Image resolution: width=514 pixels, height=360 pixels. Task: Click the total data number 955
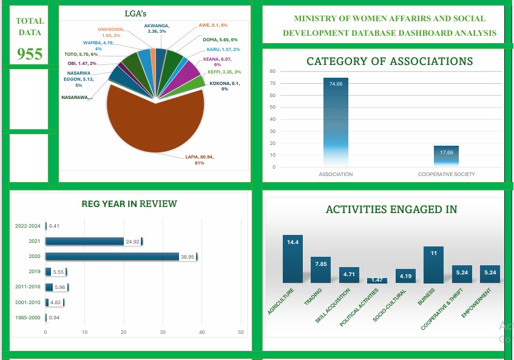coord(30,54)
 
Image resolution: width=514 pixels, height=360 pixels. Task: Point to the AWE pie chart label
coord(212,25)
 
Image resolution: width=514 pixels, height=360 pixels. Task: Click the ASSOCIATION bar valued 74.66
coord(336,121)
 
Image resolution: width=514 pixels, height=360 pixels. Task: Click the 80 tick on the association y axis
coord(274,71)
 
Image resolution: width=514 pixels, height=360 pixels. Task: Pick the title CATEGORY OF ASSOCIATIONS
coord(390,61)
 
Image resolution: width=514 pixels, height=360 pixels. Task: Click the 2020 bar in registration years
coord(112,257)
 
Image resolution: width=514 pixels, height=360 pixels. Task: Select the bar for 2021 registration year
coord(85,242)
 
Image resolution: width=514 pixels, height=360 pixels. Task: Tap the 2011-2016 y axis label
coord(27,287)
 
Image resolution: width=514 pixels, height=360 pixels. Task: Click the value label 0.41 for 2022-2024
coord(53,226)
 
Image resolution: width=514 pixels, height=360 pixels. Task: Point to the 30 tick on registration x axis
coord(163,332)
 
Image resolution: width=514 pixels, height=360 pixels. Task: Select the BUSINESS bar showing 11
coord(433,265)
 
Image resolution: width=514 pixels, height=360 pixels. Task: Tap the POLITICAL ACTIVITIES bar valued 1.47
coord(377,280)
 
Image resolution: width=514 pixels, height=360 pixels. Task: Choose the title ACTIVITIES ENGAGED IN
coord(391,209)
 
